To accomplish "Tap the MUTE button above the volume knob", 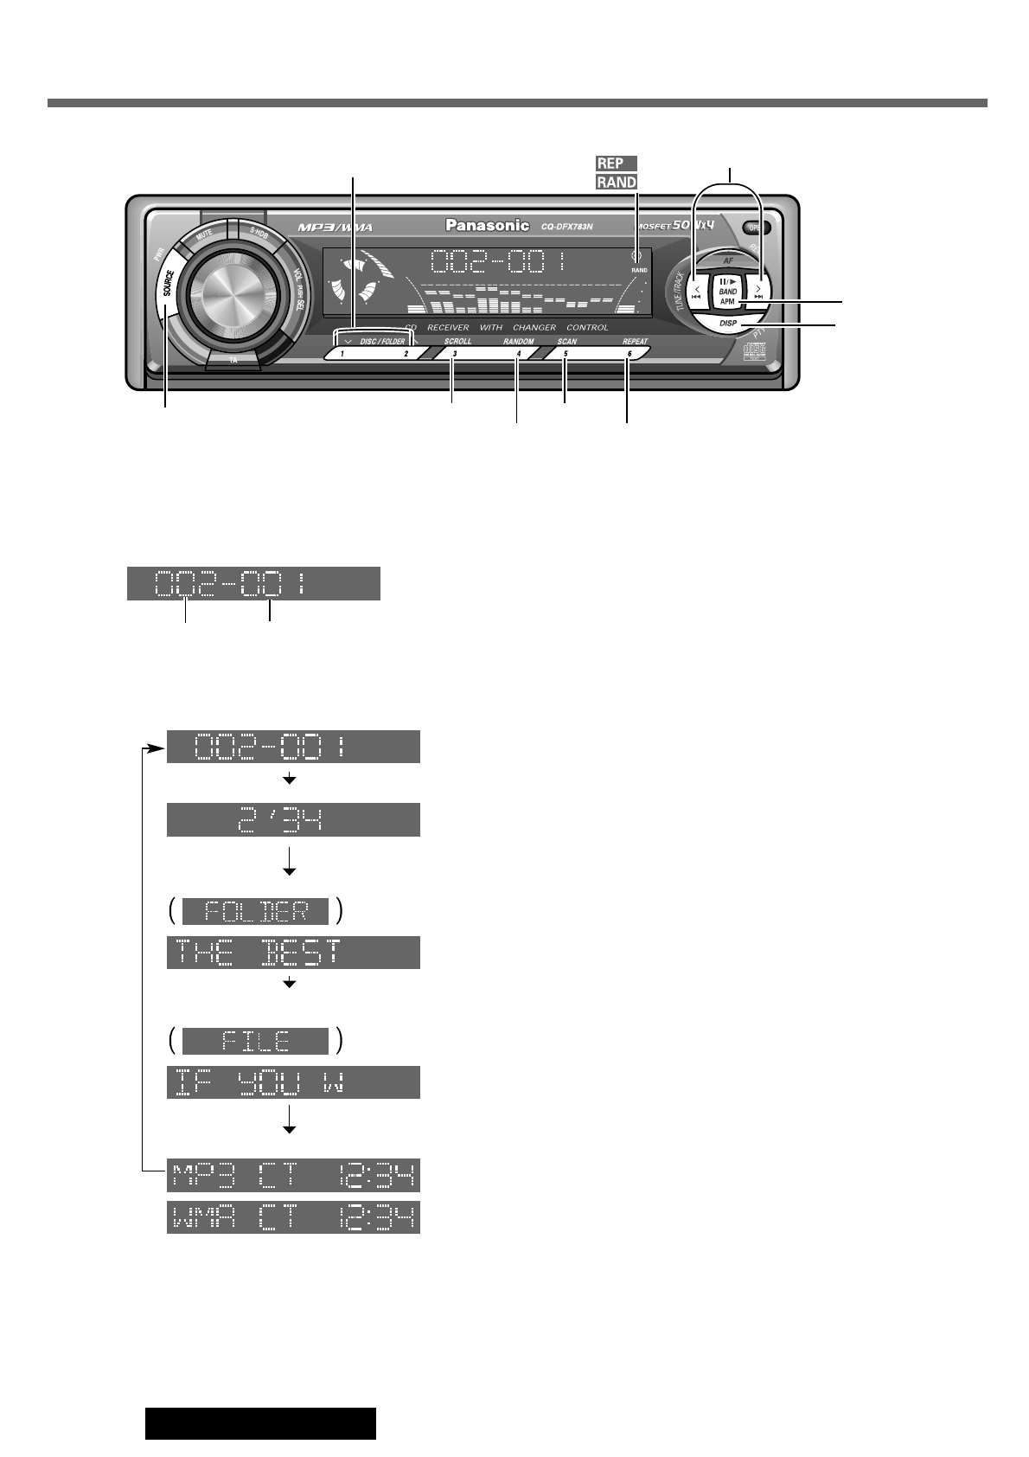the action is click(206, 234).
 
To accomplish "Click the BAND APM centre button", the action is click(727, 297).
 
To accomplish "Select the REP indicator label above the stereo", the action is click(616, 163).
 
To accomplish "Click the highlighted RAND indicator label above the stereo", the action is click(616, 182).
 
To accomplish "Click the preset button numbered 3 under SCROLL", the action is click(456, 353).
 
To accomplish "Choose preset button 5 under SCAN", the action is click(567, 353).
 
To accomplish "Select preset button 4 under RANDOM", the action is click(517, 353).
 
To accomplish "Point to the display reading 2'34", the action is click(293, 819).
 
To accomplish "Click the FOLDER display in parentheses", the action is click(256, 911).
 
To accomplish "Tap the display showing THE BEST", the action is click(293, 952).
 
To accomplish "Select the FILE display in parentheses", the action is click(256, 1041).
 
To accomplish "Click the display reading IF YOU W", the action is click(293, 1082).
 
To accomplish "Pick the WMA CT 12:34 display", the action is click(293, 1218).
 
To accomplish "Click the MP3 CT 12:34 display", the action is click(293, 1176).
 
